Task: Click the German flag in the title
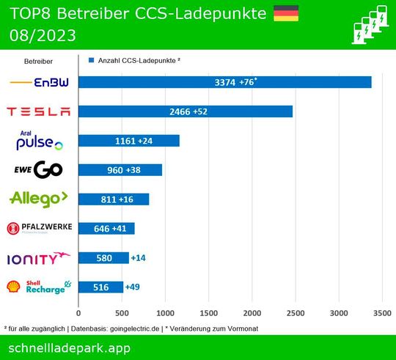[285, 13]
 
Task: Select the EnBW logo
[40, 82]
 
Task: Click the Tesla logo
[39, 111]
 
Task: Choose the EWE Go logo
[39, 170]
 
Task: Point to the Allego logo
[39, 199]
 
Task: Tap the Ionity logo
[39, 258]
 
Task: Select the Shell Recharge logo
[39, 287]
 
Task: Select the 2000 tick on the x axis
[252, 312]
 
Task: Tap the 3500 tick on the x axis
[382, 312]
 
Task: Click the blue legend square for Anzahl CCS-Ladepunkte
[90, 62]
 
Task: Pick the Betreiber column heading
[38, 62]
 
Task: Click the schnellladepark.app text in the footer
[70, 347]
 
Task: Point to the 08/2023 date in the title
[43, 35]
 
